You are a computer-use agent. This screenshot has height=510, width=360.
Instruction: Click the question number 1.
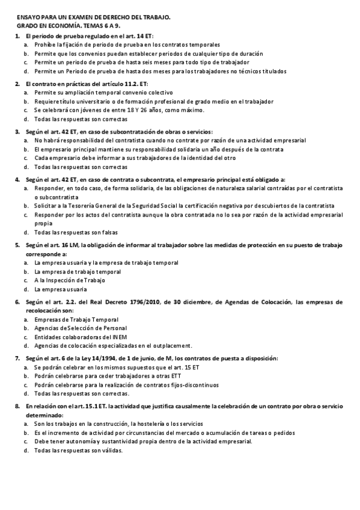[17, 36]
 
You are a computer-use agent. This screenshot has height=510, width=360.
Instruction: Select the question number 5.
[17, 246]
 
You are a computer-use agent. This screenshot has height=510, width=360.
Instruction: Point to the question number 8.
[17, 407]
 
